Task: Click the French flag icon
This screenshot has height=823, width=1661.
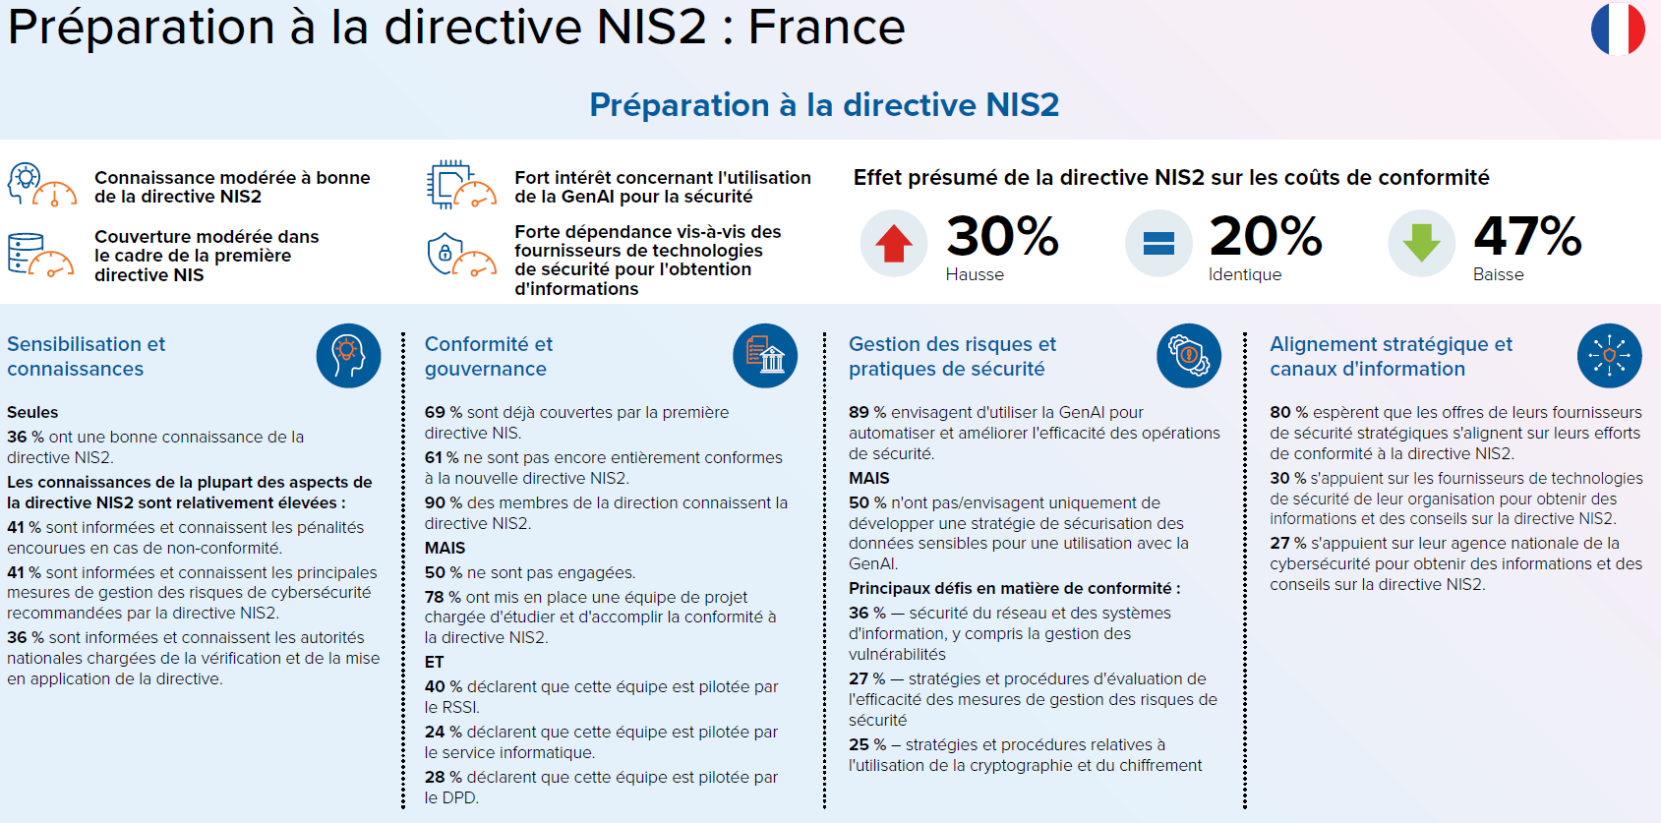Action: [x=1618, y=29]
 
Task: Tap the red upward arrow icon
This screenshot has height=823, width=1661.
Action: [x=893, y=243]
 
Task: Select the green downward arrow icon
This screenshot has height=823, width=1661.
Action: [x=1421, y=243]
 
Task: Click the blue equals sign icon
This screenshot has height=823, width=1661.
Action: [x=1158, y=243]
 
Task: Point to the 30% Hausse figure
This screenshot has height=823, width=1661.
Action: [x=1002, y=237]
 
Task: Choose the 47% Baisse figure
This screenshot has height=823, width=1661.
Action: [x=1527, y=237]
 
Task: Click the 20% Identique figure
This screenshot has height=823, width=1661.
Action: [x=1266, y=237]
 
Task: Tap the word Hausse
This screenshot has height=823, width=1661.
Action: [x=975, y=275]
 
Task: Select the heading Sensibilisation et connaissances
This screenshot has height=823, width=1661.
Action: [x=87, y=356]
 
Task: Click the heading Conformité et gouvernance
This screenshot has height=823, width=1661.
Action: [x=489, y=356]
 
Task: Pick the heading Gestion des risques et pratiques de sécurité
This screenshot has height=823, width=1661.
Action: [x=952, y=356]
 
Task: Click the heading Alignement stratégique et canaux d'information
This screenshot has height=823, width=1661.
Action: [x=1391, y=356]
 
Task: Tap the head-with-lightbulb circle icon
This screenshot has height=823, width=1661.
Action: [x=348, y=356]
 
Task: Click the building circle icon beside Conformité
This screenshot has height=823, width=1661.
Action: [x=765, y=356]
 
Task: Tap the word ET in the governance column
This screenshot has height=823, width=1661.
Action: [x=434, y=663]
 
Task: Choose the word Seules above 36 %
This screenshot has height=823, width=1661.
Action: [x=32, y=413]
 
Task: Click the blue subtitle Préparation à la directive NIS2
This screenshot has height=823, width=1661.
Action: [x=824, y=105]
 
